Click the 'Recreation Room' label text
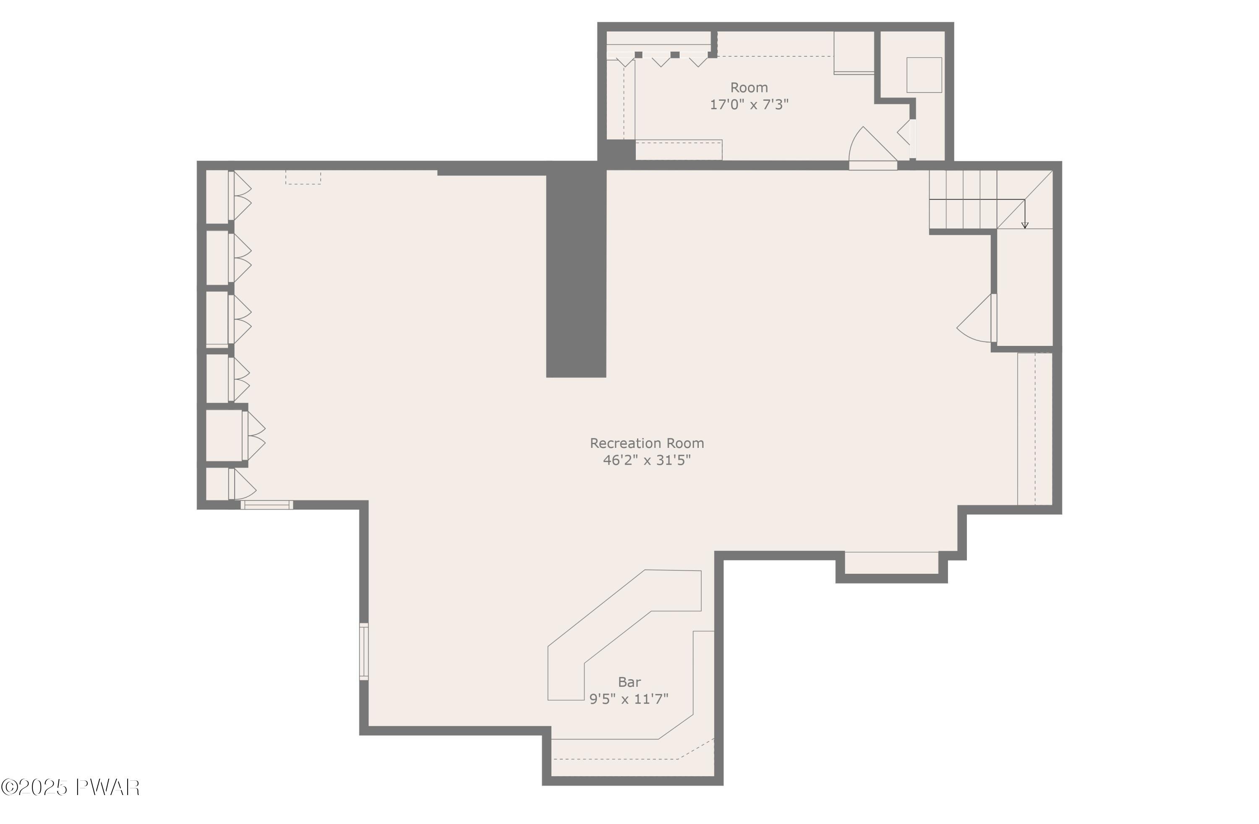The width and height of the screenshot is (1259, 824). [646, 443]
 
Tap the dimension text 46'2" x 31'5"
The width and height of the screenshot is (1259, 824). [646, 460]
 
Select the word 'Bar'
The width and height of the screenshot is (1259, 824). [629, 682]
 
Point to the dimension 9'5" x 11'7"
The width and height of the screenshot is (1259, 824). [629, 699]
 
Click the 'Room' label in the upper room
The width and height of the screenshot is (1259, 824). [749, 87]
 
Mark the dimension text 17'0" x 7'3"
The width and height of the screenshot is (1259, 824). [749, 104]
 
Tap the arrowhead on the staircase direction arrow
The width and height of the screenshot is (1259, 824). [1025, 225]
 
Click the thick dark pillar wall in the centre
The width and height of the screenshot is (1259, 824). [575, 270]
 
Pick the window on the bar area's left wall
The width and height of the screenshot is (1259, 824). [364, 651]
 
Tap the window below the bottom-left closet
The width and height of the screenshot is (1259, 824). [266, 505]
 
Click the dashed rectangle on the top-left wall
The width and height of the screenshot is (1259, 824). [303, 177]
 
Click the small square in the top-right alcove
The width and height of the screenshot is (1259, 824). [924, 75]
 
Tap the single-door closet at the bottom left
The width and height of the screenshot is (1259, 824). [217, 483]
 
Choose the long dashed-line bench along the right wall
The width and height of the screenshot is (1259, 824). [1035, 429]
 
